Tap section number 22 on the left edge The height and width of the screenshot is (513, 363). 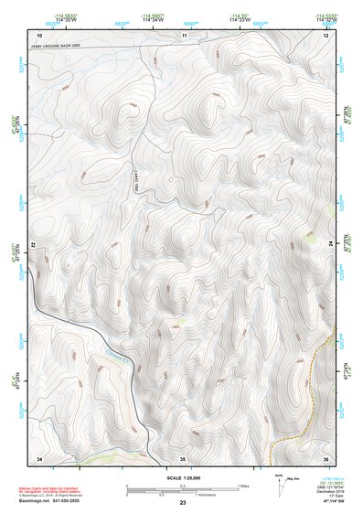(34, 246)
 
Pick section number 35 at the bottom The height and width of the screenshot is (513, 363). (183, 457)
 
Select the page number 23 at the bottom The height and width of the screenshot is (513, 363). (183, 504)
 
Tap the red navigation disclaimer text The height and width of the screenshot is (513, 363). (55, 490)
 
